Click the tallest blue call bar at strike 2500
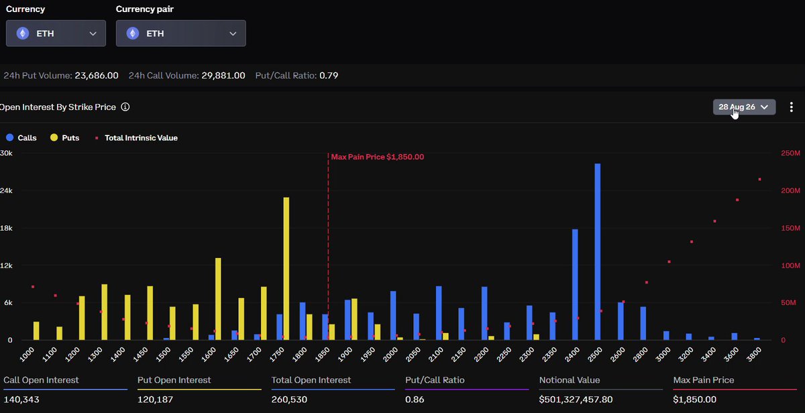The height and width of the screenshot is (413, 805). (598, 251)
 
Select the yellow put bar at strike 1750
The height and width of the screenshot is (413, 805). (286, 269)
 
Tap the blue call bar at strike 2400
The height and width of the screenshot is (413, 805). (575, 284)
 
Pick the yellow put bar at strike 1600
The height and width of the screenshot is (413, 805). (218, 299)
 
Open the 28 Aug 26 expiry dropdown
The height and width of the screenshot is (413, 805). (744, 107)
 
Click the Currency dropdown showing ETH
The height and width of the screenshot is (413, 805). (56, 34)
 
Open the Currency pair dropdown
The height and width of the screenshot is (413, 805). (180, 34)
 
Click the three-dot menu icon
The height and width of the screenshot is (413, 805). (792, 107)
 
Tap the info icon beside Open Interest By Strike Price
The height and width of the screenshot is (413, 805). (125, 107)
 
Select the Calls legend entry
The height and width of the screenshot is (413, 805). (21, 137)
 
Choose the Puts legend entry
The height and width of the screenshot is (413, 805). (64, 137)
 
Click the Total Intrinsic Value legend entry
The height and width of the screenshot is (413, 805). (136, 138)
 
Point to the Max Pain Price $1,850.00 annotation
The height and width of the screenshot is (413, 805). (377, 157)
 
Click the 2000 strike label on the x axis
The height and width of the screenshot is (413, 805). (390, 354)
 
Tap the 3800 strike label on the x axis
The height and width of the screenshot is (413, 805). (754, 354)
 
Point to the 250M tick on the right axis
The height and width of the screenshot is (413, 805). (790, 153)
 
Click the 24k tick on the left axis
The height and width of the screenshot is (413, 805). (6, 190)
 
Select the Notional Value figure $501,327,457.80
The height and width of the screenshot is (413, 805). (576, 400)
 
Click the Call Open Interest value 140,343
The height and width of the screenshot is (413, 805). (21, 400)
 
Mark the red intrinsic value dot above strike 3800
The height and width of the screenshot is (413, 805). (759, 179)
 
